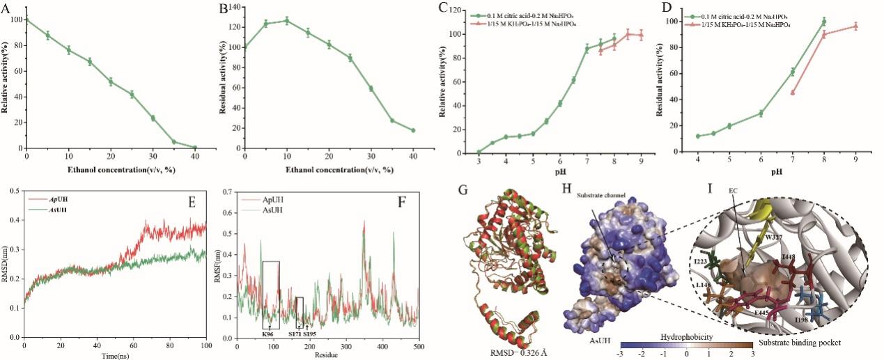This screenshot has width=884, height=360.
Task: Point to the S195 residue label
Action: click(x=309, y=334)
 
